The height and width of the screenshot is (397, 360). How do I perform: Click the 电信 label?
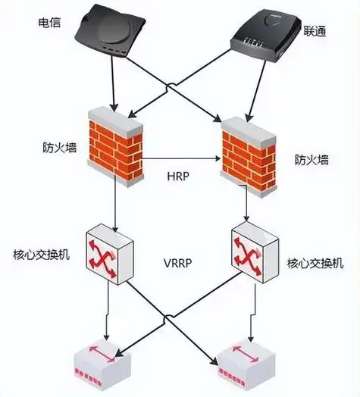pos(49,23)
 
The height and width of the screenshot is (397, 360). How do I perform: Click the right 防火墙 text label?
pos(311,160)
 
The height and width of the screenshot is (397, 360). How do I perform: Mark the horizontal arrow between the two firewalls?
pos(182,160)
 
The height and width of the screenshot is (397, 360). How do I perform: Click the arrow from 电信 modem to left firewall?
pos(114,83)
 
